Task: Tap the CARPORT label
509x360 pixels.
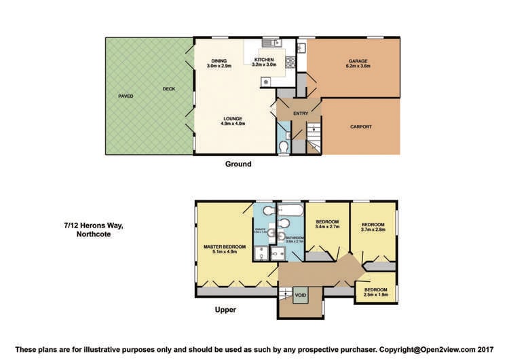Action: [361, 127]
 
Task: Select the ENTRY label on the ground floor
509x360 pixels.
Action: [301, 113]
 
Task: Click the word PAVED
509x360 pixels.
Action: [126, 96]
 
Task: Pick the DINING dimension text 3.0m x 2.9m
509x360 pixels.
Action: [219, 66]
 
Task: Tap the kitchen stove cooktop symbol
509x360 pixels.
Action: [290, 62]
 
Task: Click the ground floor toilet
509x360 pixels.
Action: [284, 147]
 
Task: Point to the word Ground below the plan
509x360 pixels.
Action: [238, 164]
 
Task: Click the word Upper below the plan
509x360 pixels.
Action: [225, 310]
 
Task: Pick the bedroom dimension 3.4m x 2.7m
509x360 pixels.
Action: [326, 227]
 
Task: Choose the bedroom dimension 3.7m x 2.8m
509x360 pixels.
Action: [373, 230]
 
